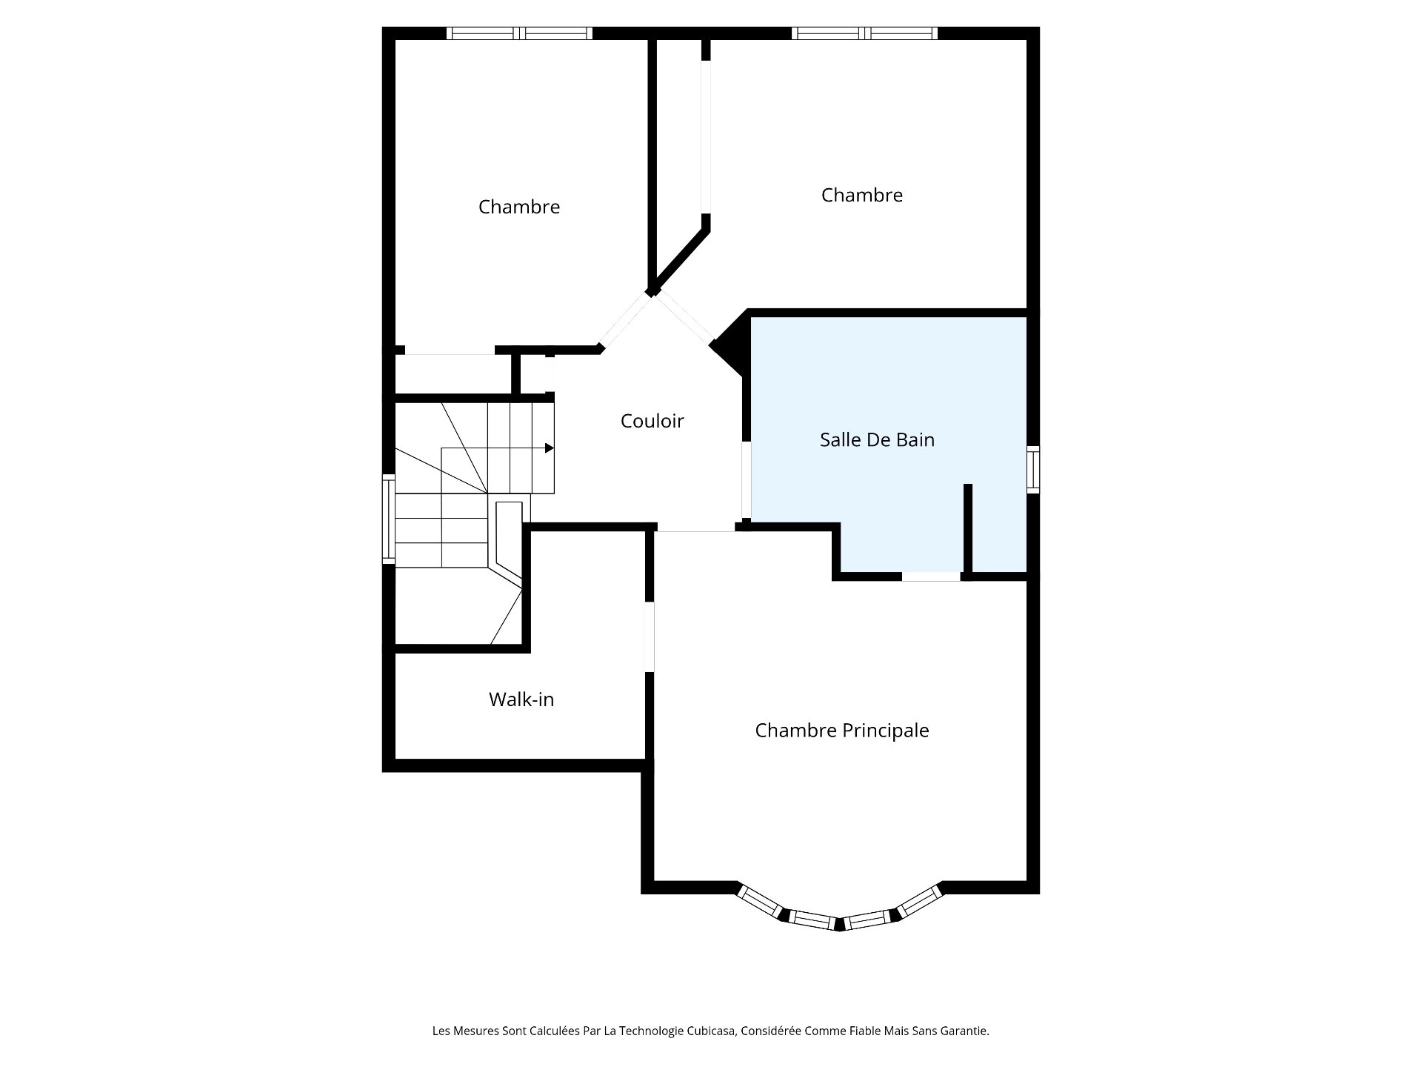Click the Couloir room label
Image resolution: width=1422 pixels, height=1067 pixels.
(652, 421)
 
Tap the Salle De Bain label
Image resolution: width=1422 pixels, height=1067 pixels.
(877, 439)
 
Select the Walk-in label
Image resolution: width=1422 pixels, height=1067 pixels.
(521, 699)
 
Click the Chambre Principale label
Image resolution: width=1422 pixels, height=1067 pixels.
(841, 731)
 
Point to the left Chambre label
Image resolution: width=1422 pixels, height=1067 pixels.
(518, 207)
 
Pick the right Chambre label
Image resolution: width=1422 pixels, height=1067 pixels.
(861, 195)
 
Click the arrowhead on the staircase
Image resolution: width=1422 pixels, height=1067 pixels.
(549, 448)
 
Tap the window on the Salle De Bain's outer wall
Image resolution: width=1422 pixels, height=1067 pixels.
(1033, 470)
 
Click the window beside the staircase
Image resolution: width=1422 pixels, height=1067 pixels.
(388, 519)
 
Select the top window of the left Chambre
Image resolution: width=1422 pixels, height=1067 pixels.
(519, 33)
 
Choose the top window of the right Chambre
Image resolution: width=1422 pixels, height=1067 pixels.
(864, 33)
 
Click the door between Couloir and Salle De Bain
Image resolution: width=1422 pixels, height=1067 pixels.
(747, 480)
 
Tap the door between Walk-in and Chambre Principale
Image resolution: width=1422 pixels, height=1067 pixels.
(649, 636)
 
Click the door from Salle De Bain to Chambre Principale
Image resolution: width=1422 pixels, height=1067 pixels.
(931, 576)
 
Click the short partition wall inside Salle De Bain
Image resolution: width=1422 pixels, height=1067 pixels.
(967, 528)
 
